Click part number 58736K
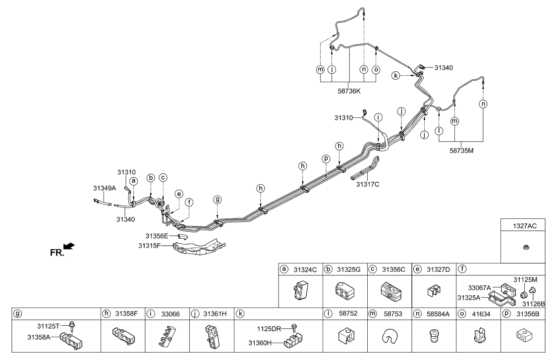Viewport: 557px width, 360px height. [x=349, y=91]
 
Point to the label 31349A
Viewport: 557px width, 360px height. [x=104, y=188]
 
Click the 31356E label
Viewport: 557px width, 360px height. [x=157, y=236]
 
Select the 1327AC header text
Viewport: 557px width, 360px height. [x=525, y=225]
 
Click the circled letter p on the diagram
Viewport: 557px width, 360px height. [x=326, y=159]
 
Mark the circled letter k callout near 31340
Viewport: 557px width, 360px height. [x=395, y=76]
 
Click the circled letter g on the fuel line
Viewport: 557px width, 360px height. [x=217, y=200]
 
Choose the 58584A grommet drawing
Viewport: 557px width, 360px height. [x=434, y=338]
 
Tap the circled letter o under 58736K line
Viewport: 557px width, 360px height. [x=376, y=70]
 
